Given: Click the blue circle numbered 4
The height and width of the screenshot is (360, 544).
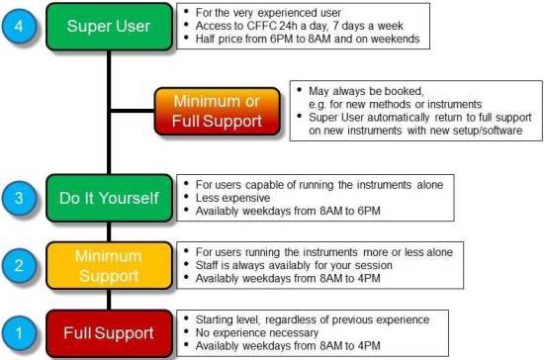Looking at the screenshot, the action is (x=19, y=26).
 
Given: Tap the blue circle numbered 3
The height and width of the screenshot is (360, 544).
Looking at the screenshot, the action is (x=19, y=198).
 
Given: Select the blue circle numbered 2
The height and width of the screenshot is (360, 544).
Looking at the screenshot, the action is (x=19, y=266).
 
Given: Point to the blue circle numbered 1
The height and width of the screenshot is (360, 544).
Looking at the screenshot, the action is (x=19, y=333).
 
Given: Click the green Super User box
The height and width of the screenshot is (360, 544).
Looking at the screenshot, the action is (x=109, y=27).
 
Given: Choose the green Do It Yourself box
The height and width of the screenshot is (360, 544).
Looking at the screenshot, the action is (x=109, y=198).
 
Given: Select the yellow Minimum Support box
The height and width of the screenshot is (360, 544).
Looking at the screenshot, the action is (x=109, y=266).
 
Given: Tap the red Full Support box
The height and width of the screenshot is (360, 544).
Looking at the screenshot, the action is (x=109, y=333).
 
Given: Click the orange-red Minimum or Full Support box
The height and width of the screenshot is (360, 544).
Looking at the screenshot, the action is (x=218, y=111).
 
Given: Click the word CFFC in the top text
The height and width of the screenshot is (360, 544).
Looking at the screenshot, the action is (x=262, y=26).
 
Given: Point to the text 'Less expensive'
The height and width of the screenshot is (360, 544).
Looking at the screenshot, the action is (x=232, y=198).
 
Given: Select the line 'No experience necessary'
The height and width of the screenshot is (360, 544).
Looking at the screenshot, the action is (x=257, y=332).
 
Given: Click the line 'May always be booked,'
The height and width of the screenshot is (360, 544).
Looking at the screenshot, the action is (x=366, y=91).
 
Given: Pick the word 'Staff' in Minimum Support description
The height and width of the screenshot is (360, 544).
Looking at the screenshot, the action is (x=207, y=265).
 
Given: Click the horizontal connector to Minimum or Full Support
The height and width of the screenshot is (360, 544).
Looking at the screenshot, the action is (x=133, y=111).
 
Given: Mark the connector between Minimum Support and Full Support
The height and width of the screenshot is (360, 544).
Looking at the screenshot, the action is (x=109, y=300).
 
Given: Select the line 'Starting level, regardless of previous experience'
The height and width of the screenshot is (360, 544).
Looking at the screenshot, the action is (x=313, y=319).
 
